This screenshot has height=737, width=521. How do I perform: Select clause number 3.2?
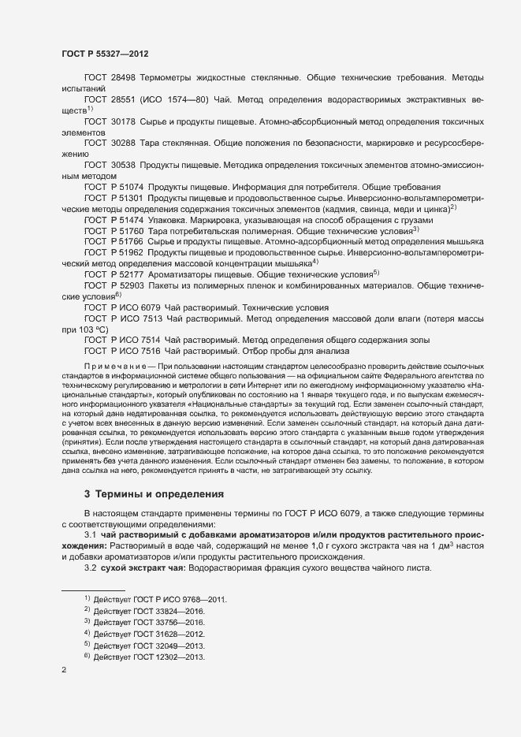[90, 567]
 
